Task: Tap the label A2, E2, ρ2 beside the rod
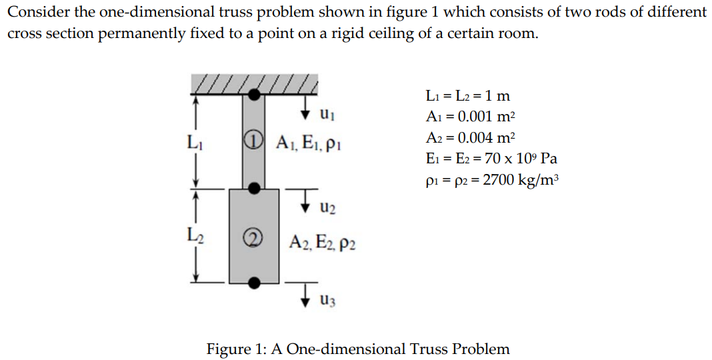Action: tap(322, 243)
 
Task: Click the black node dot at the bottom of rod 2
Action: tap(253, 282)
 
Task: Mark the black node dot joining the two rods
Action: tap(253, 189)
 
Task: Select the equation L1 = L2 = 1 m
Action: tap(467, 95)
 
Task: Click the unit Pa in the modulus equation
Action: tap(549, 159)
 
